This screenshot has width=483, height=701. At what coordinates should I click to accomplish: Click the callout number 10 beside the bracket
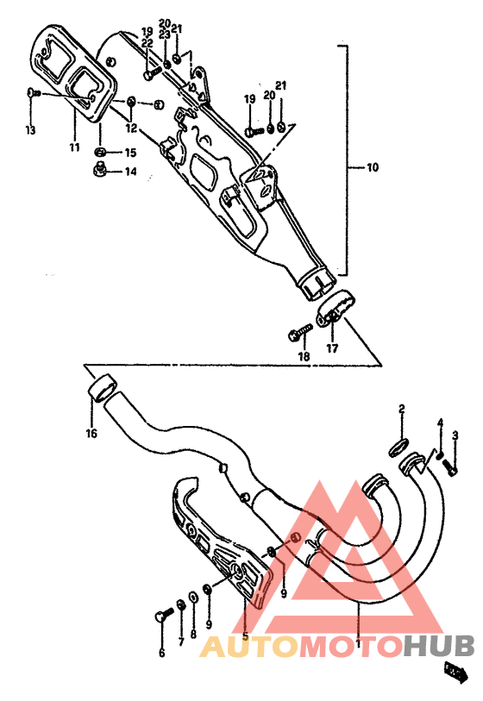pos(371,166)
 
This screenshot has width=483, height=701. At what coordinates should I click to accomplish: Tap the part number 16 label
pos(91,434)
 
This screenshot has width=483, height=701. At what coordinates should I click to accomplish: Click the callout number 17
pos(332,349)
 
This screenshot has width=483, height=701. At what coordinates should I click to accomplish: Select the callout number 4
pos(439,422)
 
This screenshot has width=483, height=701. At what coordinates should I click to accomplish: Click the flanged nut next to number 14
pos(100,170)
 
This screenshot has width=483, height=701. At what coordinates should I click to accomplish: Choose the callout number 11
pos(75,147)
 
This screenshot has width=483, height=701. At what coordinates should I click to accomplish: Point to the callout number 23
pos(164,34)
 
